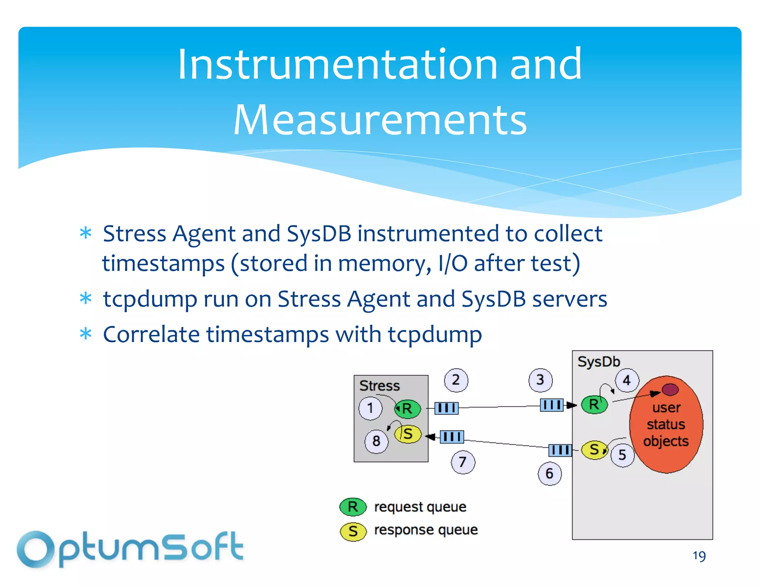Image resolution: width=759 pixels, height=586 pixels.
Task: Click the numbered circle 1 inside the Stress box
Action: click(370, 408)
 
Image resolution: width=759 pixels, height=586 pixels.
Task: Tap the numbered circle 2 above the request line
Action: click(456, 380)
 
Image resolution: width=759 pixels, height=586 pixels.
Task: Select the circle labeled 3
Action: click(540, 380)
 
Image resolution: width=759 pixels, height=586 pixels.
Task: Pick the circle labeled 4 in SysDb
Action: click(627, 380)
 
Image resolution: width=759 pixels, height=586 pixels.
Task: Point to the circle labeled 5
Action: click(622, 455)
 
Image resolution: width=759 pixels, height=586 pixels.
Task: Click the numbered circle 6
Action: click(550, 473)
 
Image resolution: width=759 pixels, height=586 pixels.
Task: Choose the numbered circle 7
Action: click(463, 462)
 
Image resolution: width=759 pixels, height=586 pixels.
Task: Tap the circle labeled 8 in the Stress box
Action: click(376, 441)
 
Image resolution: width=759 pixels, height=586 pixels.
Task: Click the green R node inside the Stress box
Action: click(407, 409)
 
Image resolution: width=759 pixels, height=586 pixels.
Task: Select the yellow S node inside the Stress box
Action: click(408, 434)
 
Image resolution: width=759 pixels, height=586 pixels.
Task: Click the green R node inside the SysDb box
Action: click(594, 404)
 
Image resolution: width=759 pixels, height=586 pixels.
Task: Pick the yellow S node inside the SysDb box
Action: click(594, 450)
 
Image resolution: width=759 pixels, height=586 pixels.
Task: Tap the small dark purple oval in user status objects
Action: click(670, 389)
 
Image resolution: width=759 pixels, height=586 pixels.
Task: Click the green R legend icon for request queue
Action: click(353, 507)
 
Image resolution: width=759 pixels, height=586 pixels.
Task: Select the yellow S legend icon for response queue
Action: click(353, 531)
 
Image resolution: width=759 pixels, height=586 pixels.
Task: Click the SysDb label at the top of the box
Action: click(599, 362)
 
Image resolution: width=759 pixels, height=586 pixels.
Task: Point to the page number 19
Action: click(699, 556)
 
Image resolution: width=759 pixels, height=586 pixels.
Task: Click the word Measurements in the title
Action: click(380, 120)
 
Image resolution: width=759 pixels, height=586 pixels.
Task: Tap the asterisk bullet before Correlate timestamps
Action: click(86, 334)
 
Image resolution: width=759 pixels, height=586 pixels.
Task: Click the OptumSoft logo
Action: click(130, 549)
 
